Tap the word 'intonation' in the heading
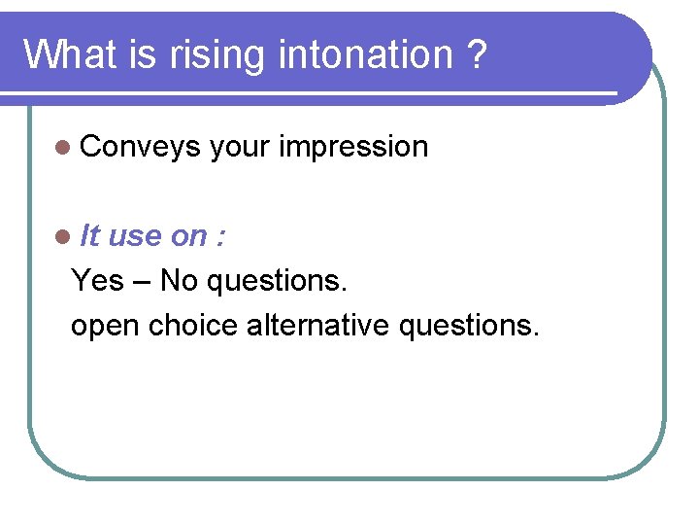click(x=365, y=54)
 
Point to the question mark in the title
click(x=475, y=54)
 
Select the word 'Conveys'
click(x=141, y=147)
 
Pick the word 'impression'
click(x=353, y=147)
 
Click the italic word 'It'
click(x=90, y=235)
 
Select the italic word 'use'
click(x=135, y=236)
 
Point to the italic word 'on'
click(x=187, y=236)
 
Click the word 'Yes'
click(x=98, y=281)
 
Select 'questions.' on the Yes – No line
click(x=276, y=282)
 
